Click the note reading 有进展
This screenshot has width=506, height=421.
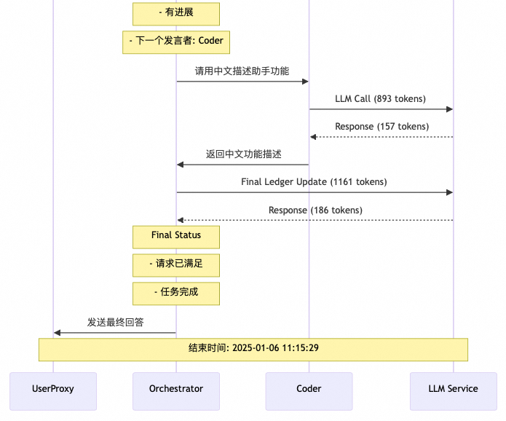pos(176,14)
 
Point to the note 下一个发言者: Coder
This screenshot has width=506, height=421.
pos(176,42)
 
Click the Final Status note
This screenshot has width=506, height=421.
pos(176,237)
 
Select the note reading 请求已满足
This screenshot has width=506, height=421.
pos(176,265)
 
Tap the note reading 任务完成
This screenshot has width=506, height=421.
pos(176,294)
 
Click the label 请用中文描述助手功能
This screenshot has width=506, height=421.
pos(242,71)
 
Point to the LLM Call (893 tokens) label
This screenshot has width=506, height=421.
pos(380,99)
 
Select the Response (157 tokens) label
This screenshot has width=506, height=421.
pos(382,127)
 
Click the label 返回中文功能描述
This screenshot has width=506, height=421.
pos(243,154)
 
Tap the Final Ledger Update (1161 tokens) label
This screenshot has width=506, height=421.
pos(314,182)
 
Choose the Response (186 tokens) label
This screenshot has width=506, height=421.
pos(315,210)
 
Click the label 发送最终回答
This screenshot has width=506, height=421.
pos(115,323)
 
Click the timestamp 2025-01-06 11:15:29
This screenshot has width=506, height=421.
pos(275,349)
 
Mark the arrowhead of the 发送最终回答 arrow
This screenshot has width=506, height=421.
pos(57,333)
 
